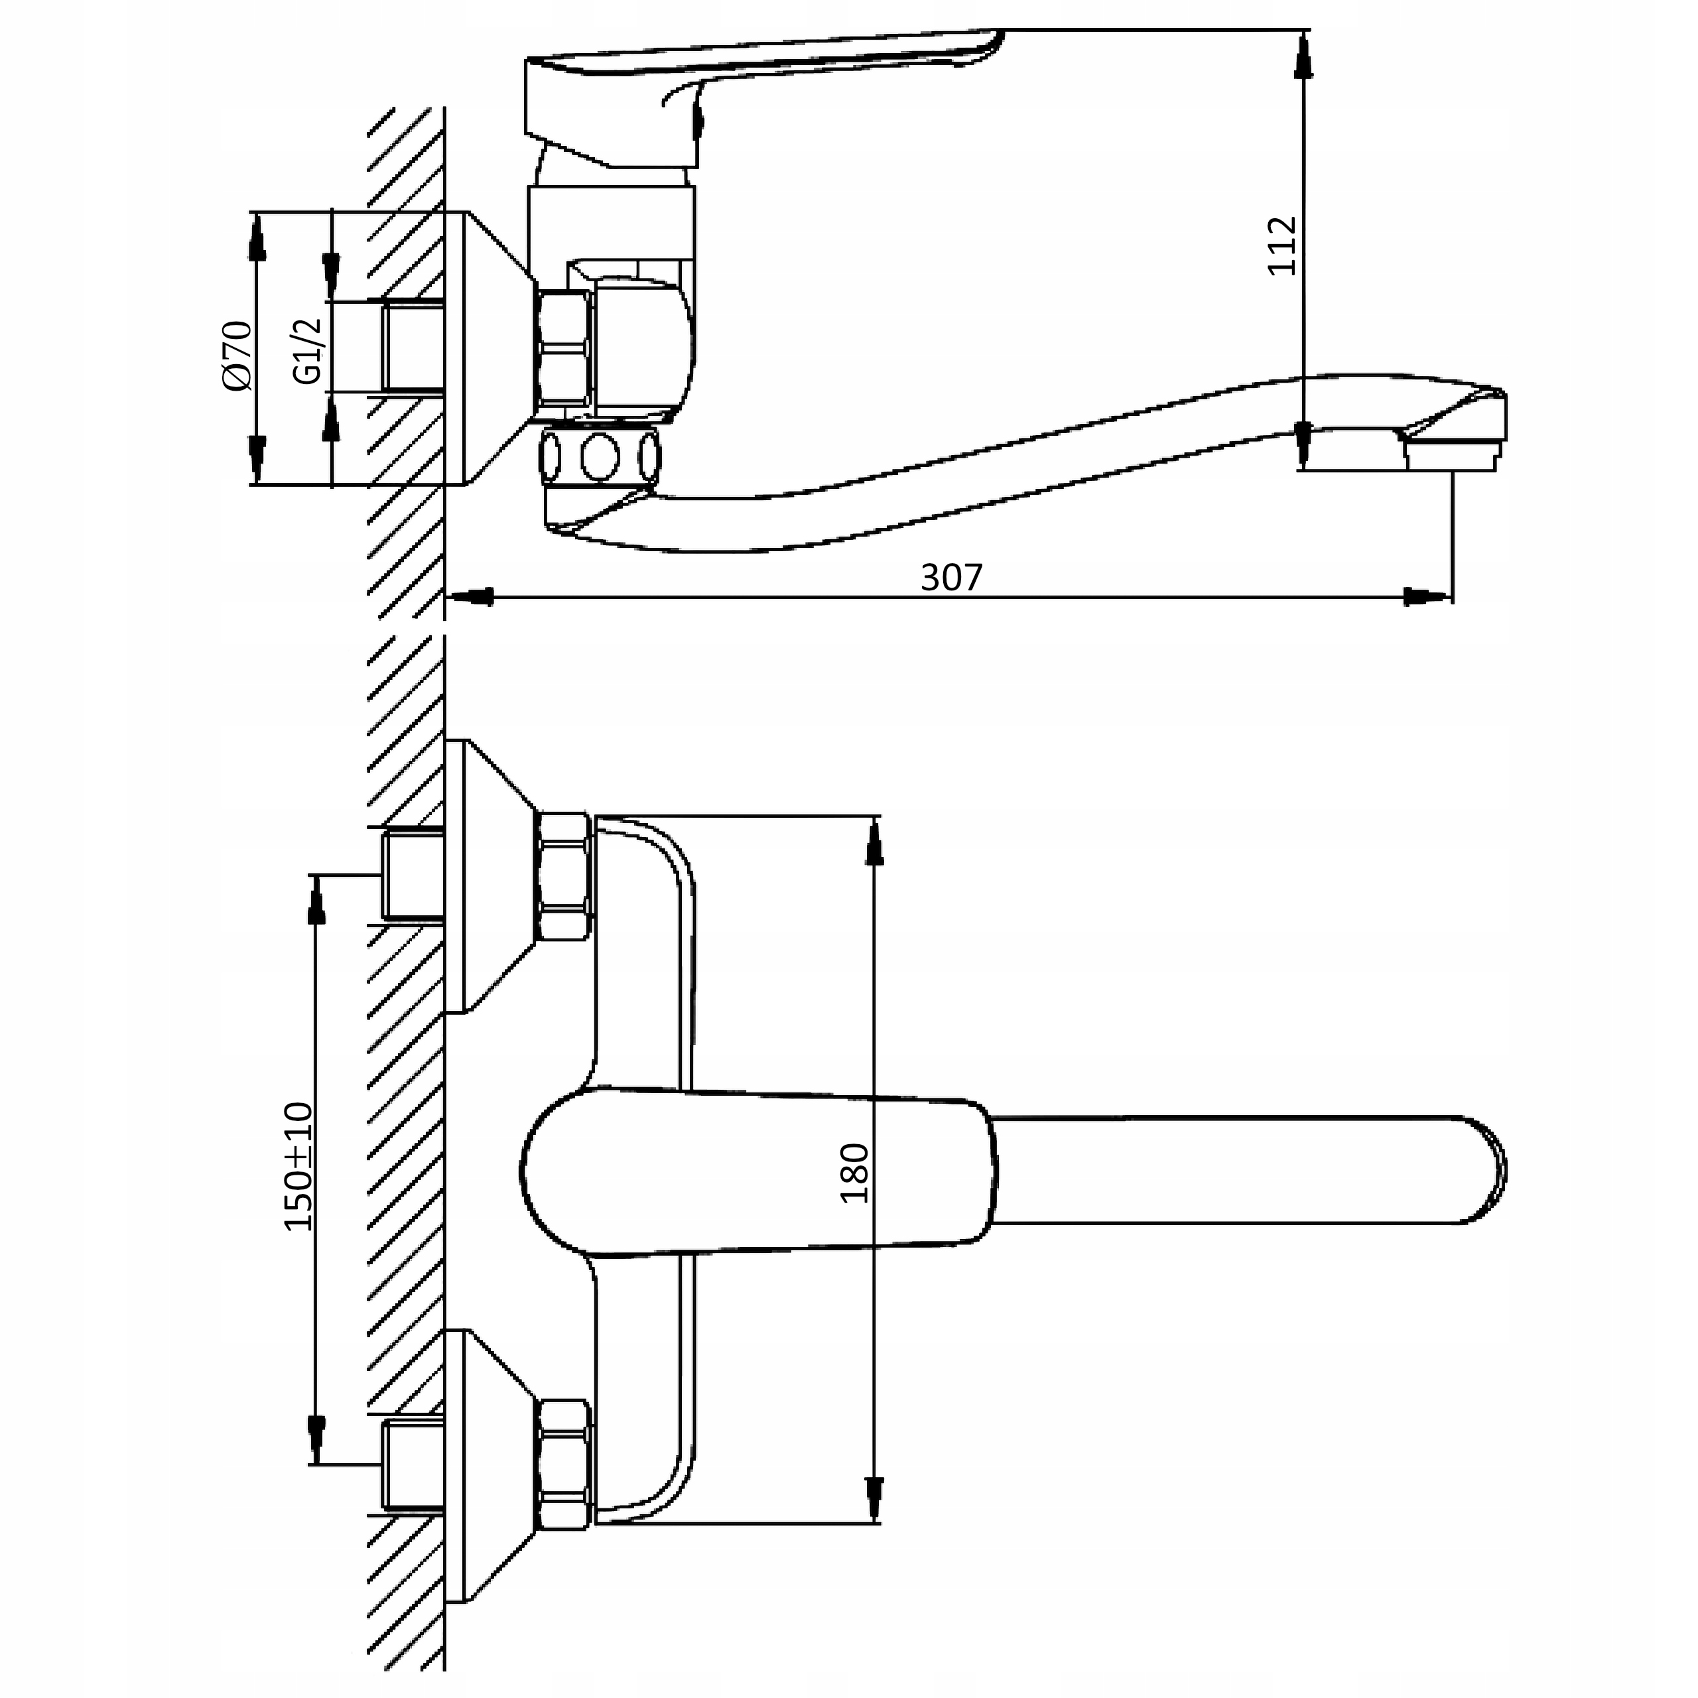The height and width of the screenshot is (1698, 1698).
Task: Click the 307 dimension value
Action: coord(951,578)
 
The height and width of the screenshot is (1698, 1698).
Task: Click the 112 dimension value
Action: coord(1282,245)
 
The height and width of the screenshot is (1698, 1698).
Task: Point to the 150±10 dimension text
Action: coord(299,1165)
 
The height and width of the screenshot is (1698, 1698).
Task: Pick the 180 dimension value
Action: coord(854,1173)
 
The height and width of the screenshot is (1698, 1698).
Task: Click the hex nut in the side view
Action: coord(563,349)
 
